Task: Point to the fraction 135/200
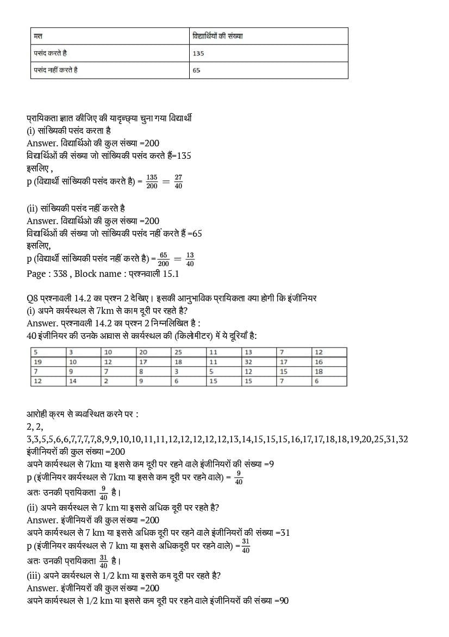pos(152,182)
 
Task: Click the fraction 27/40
pos(178,182)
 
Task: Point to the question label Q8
pos(32,298)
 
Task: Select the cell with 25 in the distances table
pos(178,352)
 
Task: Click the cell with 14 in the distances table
pos(73,381)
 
